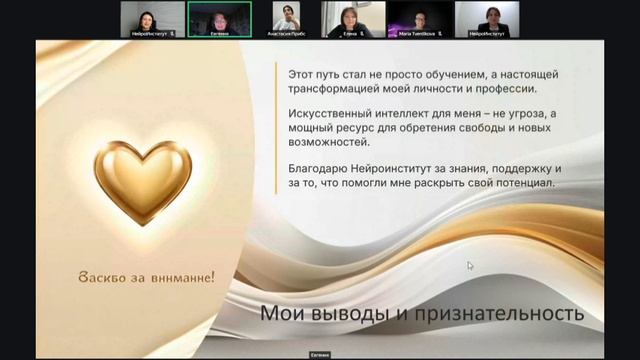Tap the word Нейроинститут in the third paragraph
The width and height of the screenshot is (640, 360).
click(393, 168)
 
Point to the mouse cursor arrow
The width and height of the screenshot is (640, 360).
click(470, 265)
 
